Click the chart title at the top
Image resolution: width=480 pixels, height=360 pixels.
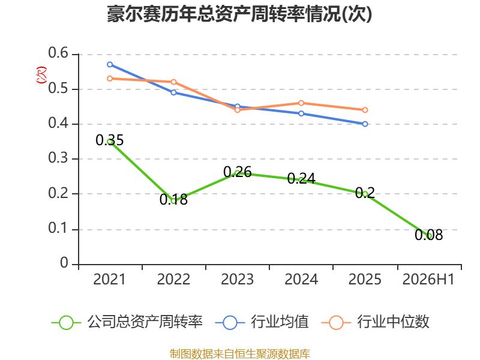tap(239, 14)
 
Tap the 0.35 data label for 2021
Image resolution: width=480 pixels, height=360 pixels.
tap(110, 140)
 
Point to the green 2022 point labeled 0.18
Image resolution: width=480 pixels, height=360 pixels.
tap(173, 201)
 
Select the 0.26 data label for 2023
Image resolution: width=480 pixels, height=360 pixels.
tap(238, 172)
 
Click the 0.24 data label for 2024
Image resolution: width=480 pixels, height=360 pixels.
tap(301, 178)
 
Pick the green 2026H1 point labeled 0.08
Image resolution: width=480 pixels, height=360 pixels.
tap(429, 236)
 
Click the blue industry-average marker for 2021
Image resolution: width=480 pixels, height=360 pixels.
tap(110, 65)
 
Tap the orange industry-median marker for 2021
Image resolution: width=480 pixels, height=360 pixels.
tap(110, 79)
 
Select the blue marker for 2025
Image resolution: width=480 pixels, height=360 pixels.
tap(365, 124)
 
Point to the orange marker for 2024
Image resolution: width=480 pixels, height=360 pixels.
tap(301, 103)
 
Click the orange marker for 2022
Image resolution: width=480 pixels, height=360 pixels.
tap(173, 82)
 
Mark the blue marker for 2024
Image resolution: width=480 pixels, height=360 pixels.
tap(301, 113)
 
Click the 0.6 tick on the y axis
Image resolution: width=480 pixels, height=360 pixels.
tap(58, 53)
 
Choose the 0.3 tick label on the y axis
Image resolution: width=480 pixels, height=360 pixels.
tap(58, 158)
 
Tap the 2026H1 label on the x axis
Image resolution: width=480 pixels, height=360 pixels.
tap(428, 280)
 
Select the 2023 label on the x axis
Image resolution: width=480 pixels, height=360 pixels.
tap(237, 280)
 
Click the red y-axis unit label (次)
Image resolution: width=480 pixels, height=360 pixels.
tap(41, 75)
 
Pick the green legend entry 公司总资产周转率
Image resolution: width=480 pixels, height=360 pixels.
tap(127, 322)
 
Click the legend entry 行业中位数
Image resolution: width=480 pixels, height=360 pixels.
tap(376, 322)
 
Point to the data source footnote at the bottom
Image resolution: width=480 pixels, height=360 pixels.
tap(240, 354)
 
